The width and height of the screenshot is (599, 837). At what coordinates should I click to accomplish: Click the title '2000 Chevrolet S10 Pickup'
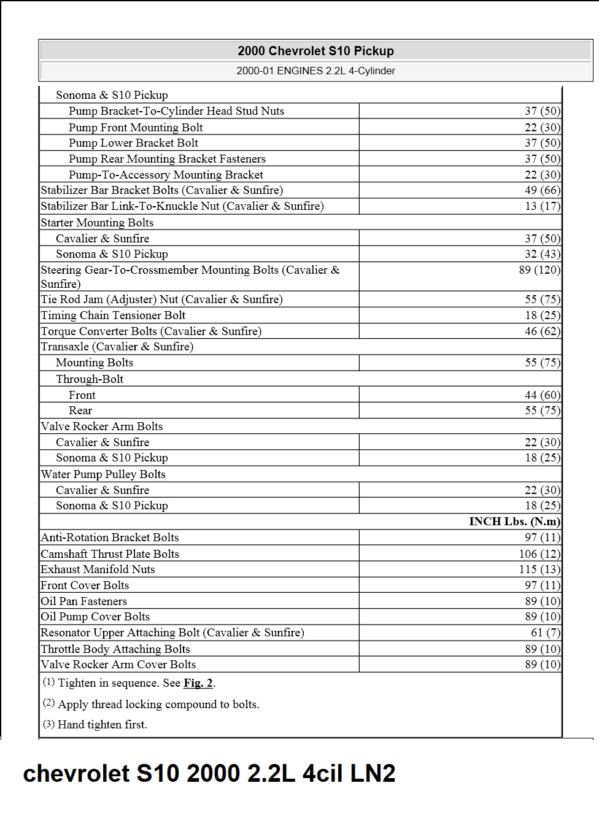click(x=315, y=51)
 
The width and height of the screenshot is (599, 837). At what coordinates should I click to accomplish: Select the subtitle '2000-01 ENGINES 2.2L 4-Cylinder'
click(x=315, y=71)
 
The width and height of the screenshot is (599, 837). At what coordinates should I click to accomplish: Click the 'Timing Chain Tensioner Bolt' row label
click(x=113, y=315)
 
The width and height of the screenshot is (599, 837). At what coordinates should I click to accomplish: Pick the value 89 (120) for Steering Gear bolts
click(x=539, y=270)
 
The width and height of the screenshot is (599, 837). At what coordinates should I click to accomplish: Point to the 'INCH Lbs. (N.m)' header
click(x=514, y=522)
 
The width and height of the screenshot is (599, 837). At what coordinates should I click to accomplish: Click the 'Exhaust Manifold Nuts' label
click(x=98, y=569)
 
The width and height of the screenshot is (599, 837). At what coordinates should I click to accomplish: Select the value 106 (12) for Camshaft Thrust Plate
click(x=539, y=553)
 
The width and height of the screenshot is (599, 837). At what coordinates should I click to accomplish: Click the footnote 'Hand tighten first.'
click(x=102, y=725)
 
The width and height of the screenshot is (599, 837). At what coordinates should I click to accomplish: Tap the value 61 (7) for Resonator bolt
click(x=545, y=633)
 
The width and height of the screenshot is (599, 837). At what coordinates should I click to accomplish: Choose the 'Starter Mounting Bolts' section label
click(x=97, y=223)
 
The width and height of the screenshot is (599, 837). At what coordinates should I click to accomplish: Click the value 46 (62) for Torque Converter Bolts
click(x=542, y=331)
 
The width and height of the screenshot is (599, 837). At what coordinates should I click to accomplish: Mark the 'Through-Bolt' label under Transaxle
click(x=90, y=379)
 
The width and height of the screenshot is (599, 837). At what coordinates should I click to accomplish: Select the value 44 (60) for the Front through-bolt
click(x=542, y=395)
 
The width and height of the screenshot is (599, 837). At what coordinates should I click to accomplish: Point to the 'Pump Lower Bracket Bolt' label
click(x=133, y=143)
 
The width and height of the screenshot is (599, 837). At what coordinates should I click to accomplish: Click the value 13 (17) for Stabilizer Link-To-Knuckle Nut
click(x=542, y=206)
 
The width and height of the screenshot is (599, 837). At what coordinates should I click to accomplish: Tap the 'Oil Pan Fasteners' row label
click(x=83, y=601)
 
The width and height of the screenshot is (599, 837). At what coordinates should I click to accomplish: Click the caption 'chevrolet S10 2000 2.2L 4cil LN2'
click(x=209, y=774)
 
